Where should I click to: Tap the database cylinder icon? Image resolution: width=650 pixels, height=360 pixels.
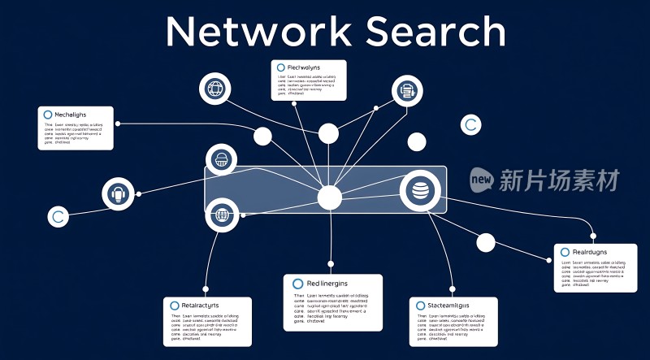click(x=420, y=192)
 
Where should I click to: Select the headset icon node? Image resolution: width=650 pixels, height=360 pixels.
click(x=118, y=195)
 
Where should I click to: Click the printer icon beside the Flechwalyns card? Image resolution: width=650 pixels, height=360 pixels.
click(x=406, y=92)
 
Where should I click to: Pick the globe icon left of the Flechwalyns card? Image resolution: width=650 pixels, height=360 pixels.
click(x=215, y=89)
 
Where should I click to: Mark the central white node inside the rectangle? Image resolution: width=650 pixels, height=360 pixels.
click(x=329, y=197)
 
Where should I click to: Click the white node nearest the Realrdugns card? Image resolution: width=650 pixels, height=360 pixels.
click(x=485, y=242)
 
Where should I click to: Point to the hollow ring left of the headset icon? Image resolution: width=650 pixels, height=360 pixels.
click(x=56, y=217)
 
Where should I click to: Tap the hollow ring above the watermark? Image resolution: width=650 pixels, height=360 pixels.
click(x=469, y=125)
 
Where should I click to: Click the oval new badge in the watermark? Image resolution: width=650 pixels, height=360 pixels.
click(x=483, y=180)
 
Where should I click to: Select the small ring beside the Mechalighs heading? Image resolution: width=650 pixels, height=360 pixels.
click(x=47, y=115)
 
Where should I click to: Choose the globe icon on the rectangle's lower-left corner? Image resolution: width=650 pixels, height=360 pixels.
click(x=221, y=216)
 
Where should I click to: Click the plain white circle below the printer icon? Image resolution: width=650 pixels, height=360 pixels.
click(x=417, y=142)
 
